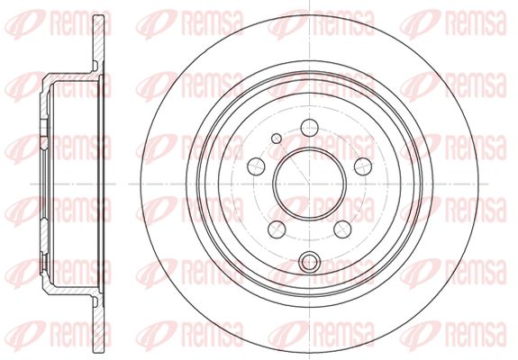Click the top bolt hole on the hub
(x=310, y=128)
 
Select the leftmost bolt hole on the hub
(x=256, y=166)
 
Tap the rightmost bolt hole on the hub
(x=363, y=166)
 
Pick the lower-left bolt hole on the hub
(x=277, y=229)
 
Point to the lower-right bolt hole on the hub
(x=342, y=229)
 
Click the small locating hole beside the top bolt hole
(x=277, y=139)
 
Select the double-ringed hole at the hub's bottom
(x=310, y=262)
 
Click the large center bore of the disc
(x=310, y=184)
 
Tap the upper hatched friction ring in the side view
(x=98, y=43)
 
